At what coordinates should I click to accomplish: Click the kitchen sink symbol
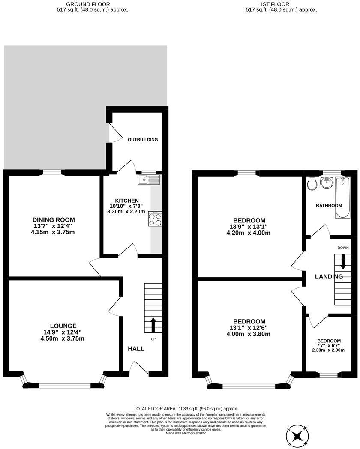click(x=148, y=180)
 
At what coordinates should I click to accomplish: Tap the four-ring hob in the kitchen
click(x=155, y=219)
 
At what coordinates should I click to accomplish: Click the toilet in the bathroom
click(x=312, y=183)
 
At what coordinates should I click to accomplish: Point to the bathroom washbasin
click(x=327, y=183)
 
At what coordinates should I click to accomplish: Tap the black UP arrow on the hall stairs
click(x=152, y=325)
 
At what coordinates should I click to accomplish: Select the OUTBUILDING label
click(x=143, y=140)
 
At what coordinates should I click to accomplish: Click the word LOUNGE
click(x=63, y=326)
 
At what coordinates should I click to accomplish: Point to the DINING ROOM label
click(x=63, y=220)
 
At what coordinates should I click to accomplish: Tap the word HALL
click(x=136, y=349)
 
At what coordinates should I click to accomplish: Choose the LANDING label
click(x=329, y=277)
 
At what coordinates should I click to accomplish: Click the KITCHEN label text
click(x=127, y=201)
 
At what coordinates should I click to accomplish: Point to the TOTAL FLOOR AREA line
click(x=186, y=409)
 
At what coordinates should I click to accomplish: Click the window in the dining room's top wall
click(x=52, y=172)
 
